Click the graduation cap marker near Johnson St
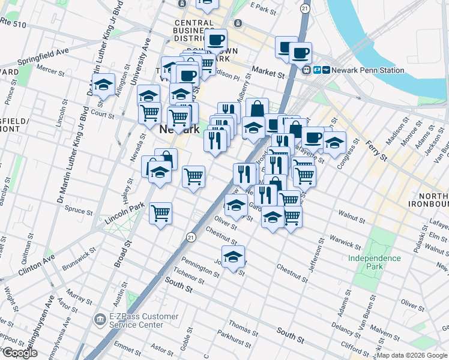tap(233, 257)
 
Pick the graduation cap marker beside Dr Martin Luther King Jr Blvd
tap(104, 85)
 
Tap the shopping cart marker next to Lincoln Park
tap(160, 213)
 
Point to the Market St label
tap(268, 73)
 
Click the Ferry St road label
tap(376, 148)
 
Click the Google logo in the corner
tap(20, 352)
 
